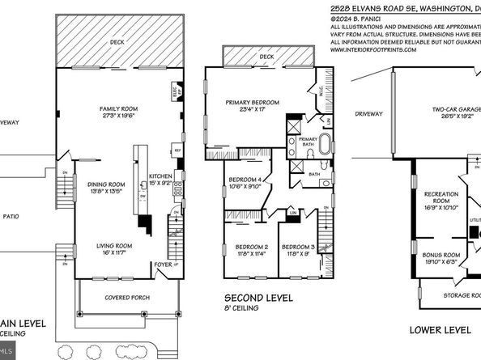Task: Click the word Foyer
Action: tap(164, 263)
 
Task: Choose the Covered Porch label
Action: tap(126, 297)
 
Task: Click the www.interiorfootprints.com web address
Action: tap(373, 49)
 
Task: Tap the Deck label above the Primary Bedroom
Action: tap(266, 57)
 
